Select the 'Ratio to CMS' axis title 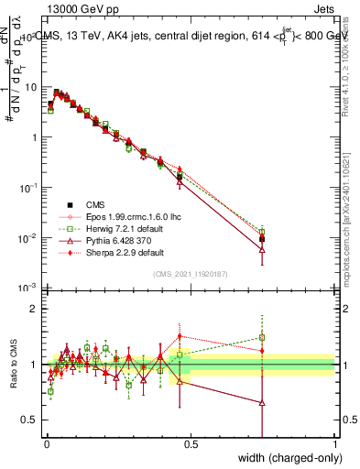tap(14, 365)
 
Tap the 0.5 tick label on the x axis tap(191, 445)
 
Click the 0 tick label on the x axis tap(45, 445)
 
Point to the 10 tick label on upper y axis tap(30, 87)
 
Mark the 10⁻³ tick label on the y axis tap(27, 288)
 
